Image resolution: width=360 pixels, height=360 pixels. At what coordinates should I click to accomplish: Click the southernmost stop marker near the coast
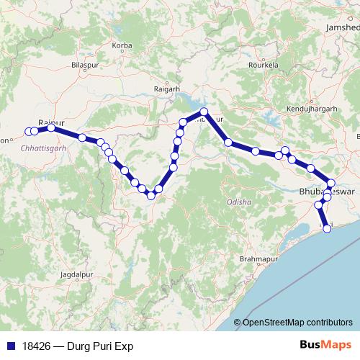coord(328,229)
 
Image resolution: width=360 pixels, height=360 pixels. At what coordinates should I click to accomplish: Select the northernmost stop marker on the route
coord(204,112)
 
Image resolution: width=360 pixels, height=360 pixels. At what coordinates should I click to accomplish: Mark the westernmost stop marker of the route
coord(29,131)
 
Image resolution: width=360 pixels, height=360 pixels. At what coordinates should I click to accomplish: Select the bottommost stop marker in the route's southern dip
coord(151,195)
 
